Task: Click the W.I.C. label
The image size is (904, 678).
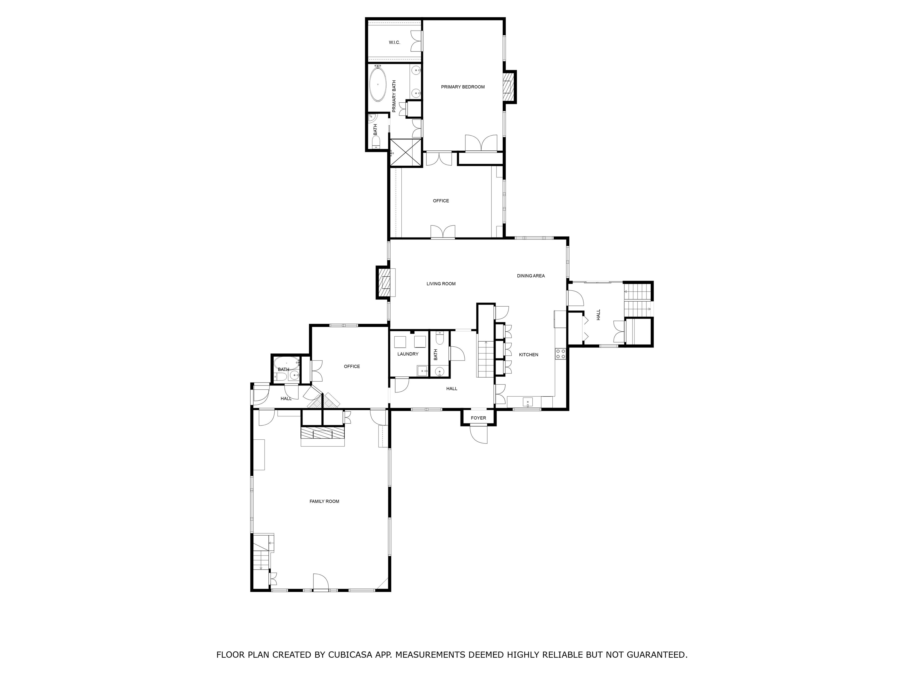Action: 394,42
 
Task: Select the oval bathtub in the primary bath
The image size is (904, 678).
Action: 378,84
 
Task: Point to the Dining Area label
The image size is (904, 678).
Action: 531,276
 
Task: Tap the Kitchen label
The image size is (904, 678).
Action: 529,355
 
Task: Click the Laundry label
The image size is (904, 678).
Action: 408,354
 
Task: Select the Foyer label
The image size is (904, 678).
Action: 478,418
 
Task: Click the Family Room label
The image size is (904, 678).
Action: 324,501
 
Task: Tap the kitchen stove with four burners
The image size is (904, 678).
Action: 560,354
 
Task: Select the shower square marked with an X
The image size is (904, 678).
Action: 406,152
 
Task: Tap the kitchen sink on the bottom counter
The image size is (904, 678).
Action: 528,402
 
